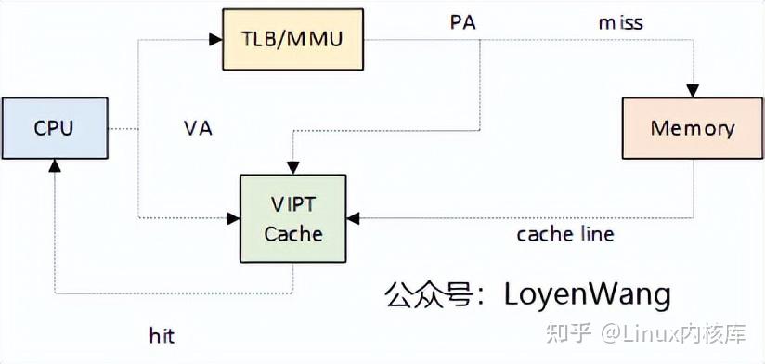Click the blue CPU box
coord(54,128)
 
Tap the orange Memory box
coord(693,128)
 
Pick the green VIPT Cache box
coord(293,217)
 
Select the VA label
coord(198,128)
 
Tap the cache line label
coord(565,234)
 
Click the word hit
coord(162,334)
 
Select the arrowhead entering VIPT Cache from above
coord(293,168)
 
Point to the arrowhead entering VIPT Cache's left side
coord(233,218)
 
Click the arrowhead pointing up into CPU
coord(54,165)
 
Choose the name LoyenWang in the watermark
coord(587,294)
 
